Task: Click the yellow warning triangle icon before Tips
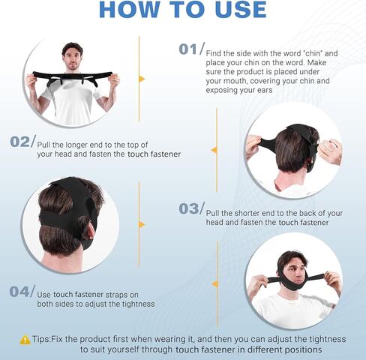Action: [x=25, y=339]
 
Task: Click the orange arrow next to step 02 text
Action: [x=213, y=149]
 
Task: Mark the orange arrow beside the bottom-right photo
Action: [x=213, y=283]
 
